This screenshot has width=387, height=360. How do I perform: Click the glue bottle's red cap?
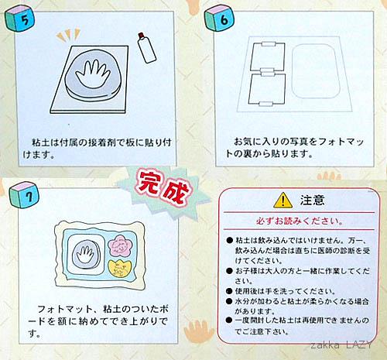[141, 35]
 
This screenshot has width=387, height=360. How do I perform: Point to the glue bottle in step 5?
[146, 48]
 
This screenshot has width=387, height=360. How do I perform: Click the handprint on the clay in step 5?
[92, 73]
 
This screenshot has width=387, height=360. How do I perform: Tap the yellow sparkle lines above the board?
[68, 35]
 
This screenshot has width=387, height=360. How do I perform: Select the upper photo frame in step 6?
[269, 57]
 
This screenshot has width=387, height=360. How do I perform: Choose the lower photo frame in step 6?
[267, 89]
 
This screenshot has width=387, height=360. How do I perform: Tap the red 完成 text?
[163, 188]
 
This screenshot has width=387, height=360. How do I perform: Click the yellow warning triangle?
[283, 200]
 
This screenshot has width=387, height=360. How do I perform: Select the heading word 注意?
[312, 200]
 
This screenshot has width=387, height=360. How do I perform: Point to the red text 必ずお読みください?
[300, 221]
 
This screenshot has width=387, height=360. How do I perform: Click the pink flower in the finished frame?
[119, 245]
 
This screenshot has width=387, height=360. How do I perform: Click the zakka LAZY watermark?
[341, 345]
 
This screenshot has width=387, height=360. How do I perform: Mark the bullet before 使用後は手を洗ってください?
[229, 291]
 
